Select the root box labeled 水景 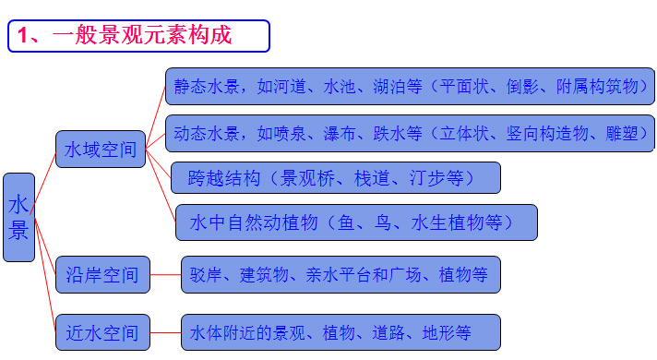(19, 217)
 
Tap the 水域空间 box (102, 149)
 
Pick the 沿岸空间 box (102, 274)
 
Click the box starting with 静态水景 (410, 86)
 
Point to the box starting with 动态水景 (410, 133)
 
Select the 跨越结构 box (335, 177)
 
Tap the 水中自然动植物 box (356, 222)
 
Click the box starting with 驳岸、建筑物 (340, 274)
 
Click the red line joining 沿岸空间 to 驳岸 (163, 274)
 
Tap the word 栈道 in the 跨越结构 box (372, 177)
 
